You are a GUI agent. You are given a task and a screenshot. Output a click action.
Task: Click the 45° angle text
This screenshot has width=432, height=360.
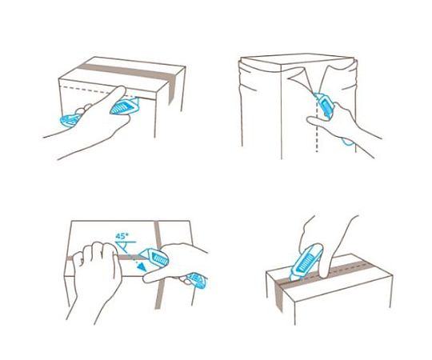(122, 236)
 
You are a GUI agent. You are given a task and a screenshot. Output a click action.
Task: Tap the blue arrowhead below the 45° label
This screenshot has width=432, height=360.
(142, 266)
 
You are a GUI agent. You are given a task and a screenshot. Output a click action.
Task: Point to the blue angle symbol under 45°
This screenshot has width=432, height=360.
(126, 246)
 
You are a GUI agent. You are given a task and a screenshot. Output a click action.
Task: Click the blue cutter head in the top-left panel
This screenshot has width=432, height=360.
(125, 106)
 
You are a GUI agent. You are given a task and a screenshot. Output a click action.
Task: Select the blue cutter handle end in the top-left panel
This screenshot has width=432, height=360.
(70, 121)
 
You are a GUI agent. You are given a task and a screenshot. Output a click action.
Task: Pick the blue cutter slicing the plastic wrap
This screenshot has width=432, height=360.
(325, 106)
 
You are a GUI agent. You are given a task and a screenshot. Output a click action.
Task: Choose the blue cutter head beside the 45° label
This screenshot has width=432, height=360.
(154, 257)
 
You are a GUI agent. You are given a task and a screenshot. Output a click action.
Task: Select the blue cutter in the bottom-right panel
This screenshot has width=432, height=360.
(306, 260)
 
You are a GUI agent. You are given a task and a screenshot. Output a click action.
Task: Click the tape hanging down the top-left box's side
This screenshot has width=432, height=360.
(171, 90)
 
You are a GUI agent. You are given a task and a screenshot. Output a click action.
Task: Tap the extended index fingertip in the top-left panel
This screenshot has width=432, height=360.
(122, 90)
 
